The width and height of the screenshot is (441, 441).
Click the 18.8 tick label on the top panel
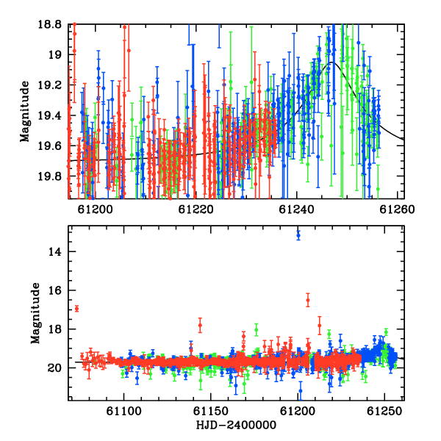tap(49, 24)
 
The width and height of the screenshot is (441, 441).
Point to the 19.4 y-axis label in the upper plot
tap(49, 115)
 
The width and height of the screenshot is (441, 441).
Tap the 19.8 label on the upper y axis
tap(49, 176)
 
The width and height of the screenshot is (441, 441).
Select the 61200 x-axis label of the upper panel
tap(95, 209)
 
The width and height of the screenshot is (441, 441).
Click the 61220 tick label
tap(196, 209)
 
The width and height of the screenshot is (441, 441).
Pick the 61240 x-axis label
tap(296, 209)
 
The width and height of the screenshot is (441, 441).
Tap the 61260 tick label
tap(397, 209)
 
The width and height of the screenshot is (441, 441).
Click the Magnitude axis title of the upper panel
tap(25, 112)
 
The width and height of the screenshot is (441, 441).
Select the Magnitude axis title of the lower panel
tap(35, 313)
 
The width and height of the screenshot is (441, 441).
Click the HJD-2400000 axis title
tap(236, 425)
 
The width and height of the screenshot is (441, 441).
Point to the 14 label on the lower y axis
tap(55, 251)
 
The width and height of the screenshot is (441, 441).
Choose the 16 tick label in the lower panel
tap(55, 290)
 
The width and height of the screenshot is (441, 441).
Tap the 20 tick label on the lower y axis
tap(54, 368)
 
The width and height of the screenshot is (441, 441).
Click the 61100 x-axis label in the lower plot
tap(123, 412)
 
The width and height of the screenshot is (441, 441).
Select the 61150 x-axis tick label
tap(211, 412)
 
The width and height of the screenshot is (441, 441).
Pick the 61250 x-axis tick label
tap(384, 412)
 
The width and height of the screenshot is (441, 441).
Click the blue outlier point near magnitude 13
tap(298, 235)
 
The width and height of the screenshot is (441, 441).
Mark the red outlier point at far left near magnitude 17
tap(76, 309)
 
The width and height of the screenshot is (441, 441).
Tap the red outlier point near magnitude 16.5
tap(308, 300)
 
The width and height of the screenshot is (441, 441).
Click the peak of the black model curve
tap(332, 62)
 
